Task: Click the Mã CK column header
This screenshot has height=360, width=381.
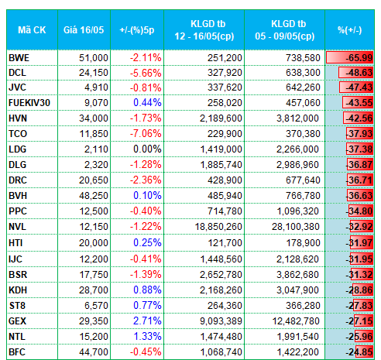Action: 32,30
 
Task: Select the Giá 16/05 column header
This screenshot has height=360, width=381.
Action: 84,30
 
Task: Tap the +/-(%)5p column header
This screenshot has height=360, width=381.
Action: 137,30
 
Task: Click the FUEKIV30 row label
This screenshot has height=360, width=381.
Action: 29,103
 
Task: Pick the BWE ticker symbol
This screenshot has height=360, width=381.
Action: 19,58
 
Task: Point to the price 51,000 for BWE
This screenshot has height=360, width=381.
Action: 94,58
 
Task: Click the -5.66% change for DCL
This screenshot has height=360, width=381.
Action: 146,73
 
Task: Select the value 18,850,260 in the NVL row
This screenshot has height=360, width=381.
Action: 218,227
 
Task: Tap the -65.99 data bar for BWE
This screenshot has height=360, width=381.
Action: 349,57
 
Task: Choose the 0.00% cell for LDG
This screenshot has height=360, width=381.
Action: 147,149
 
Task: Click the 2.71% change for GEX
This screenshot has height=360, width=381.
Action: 147,321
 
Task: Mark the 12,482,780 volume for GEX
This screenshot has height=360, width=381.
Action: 296,321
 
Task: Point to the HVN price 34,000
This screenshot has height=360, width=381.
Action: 94,118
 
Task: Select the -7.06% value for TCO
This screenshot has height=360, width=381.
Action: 146,134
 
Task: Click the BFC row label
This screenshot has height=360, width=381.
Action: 17,352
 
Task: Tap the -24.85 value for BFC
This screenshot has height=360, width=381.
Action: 359,351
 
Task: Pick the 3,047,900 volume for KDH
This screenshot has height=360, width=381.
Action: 297,290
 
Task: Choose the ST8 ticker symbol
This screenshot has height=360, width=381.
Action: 17,306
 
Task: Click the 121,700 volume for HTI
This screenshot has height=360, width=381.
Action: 225,243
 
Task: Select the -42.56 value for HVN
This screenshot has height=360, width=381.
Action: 359,118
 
